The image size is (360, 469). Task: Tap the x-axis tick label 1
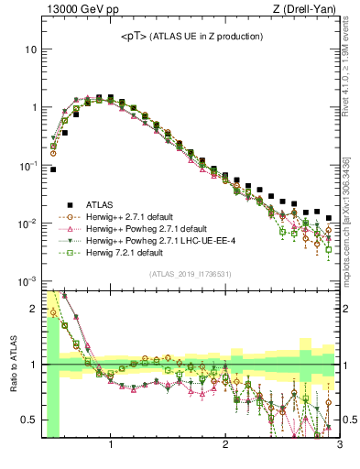pyautogui.click(x=111, y=444)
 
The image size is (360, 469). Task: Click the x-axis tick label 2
pyautogui.click(x=225, y=444)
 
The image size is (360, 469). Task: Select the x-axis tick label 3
pyautogui.click(x=338, y=444)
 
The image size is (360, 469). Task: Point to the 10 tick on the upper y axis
pyautogui.click(x=29, y=49)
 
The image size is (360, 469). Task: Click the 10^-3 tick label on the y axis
pyautogui.click(x=27, y=282)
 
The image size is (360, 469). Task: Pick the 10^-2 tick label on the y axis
pyautogui.click(x=27, y=224)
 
